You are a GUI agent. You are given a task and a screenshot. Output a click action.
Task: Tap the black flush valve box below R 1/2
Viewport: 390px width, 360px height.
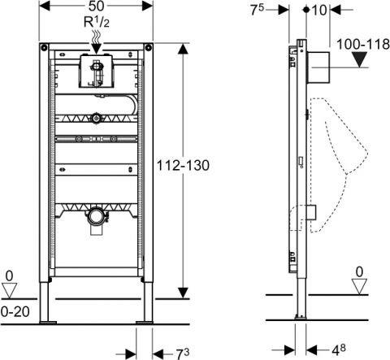(95, 72)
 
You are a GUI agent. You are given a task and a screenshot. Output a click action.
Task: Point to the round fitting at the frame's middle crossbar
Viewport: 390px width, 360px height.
(97, 117)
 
